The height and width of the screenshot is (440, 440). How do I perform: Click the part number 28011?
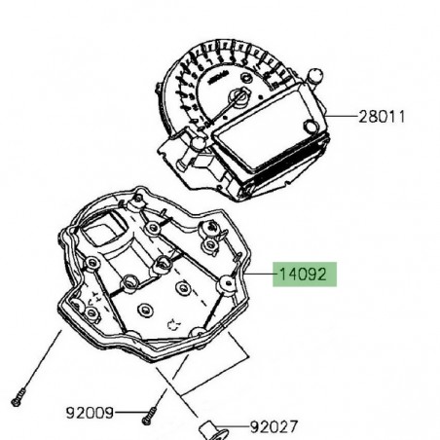coord(382,118)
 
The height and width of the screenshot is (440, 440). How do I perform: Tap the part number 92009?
coord(91,412)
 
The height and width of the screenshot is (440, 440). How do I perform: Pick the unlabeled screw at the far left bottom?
coord(17,398)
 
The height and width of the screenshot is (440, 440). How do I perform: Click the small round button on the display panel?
coord(309,127)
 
